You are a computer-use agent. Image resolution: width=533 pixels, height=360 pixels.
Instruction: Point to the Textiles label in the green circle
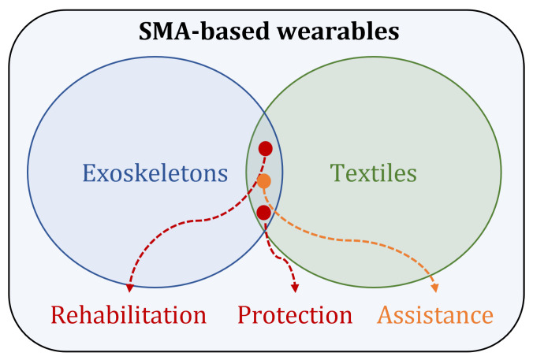[x=373, y=172]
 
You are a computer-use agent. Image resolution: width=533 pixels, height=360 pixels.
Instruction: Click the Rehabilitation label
[x=129, y=315]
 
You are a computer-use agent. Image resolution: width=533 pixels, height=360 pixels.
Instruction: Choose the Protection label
[x=295, y=315]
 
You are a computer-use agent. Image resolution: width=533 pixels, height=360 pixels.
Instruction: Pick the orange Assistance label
[x=435, y=315]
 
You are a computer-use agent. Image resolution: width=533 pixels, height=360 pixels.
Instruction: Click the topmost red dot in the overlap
[x=266, y=148]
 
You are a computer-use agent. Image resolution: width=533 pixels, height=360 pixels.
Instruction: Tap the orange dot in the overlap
[x=264, y=180]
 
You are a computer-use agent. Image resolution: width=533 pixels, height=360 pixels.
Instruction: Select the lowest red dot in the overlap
[x=264, y=212]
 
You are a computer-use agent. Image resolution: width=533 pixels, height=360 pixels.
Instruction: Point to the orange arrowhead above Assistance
[x=434, y=287]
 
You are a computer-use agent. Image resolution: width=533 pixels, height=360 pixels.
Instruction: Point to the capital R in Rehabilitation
[x=58, y=315]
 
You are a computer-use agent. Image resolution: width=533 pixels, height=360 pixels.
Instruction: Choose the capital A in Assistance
[x=385, y=315]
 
